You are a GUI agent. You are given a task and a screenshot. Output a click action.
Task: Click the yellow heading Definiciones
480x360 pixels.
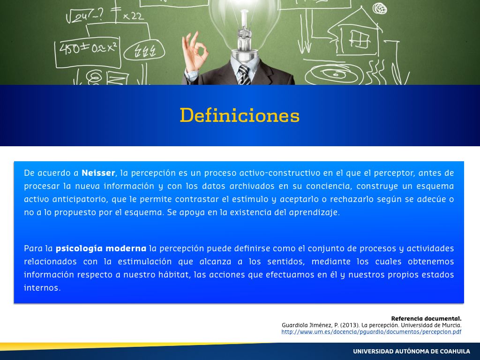click(x=240, y=115)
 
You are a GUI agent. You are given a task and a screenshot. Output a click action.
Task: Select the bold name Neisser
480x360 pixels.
click(x=98, y=173)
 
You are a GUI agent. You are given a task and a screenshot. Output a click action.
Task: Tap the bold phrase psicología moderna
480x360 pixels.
click(x=101, y=248)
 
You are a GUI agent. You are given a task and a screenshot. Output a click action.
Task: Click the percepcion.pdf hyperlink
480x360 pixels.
click(x=371, y=332)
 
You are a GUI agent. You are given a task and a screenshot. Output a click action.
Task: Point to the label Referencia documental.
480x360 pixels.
click(x=426, y=319)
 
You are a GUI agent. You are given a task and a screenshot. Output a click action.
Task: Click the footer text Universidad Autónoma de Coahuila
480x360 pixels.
click(x=412, y=352)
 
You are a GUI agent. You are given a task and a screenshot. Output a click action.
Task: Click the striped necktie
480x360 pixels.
click(x=244, y=75)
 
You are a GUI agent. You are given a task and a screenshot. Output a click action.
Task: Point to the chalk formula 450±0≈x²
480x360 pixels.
click(x=88, y=49)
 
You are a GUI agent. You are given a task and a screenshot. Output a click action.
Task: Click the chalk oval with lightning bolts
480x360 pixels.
click(x=144, y=51)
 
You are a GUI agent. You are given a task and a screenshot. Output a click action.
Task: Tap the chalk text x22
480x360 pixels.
click(x=133, y=16)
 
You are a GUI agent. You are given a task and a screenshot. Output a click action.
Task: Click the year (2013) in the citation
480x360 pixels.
click(x=349, y=325)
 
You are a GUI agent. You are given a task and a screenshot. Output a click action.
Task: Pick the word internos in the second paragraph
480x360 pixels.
click(x=42, y=288)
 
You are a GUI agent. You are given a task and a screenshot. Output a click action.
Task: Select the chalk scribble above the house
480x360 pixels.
click(x=380, y=8)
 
